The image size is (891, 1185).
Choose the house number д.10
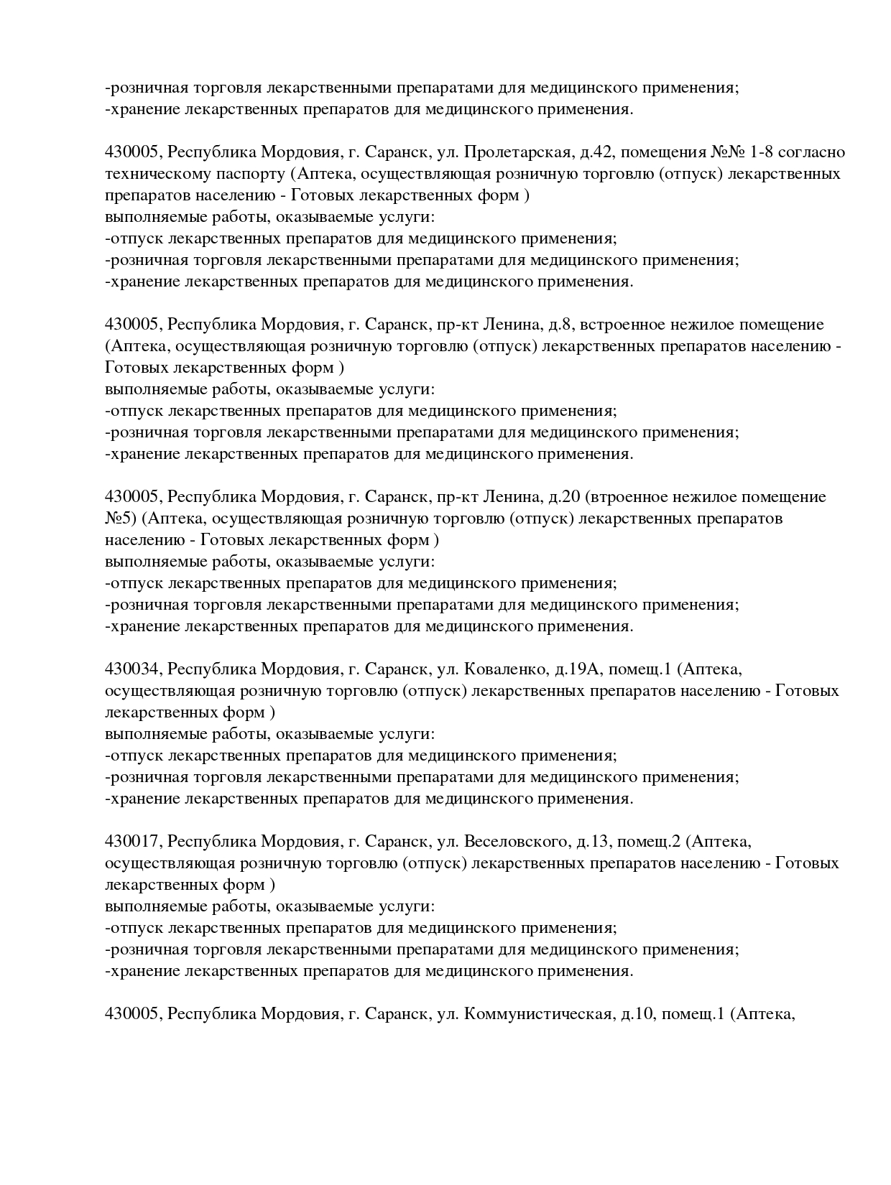tap(634, 1014)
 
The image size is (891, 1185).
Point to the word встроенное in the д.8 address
tap(629, 325)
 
